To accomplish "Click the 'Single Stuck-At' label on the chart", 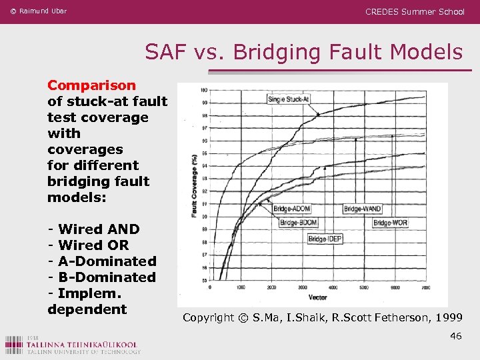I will [288, 99].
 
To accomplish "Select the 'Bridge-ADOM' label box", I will [292, 209].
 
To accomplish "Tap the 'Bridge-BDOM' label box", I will [297, 223].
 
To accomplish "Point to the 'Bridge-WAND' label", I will [363, 209].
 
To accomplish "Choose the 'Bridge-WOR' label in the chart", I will [391, 223].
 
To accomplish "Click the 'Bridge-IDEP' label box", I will [325, 239].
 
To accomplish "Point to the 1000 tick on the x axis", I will [241, 287].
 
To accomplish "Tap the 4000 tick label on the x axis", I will [333, 287].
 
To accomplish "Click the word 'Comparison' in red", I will [91, 85].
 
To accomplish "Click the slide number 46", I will [456, 336].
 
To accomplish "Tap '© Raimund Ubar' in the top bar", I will [39, 11].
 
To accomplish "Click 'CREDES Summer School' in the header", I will [415, 11].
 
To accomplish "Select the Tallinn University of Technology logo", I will [73, 345].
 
